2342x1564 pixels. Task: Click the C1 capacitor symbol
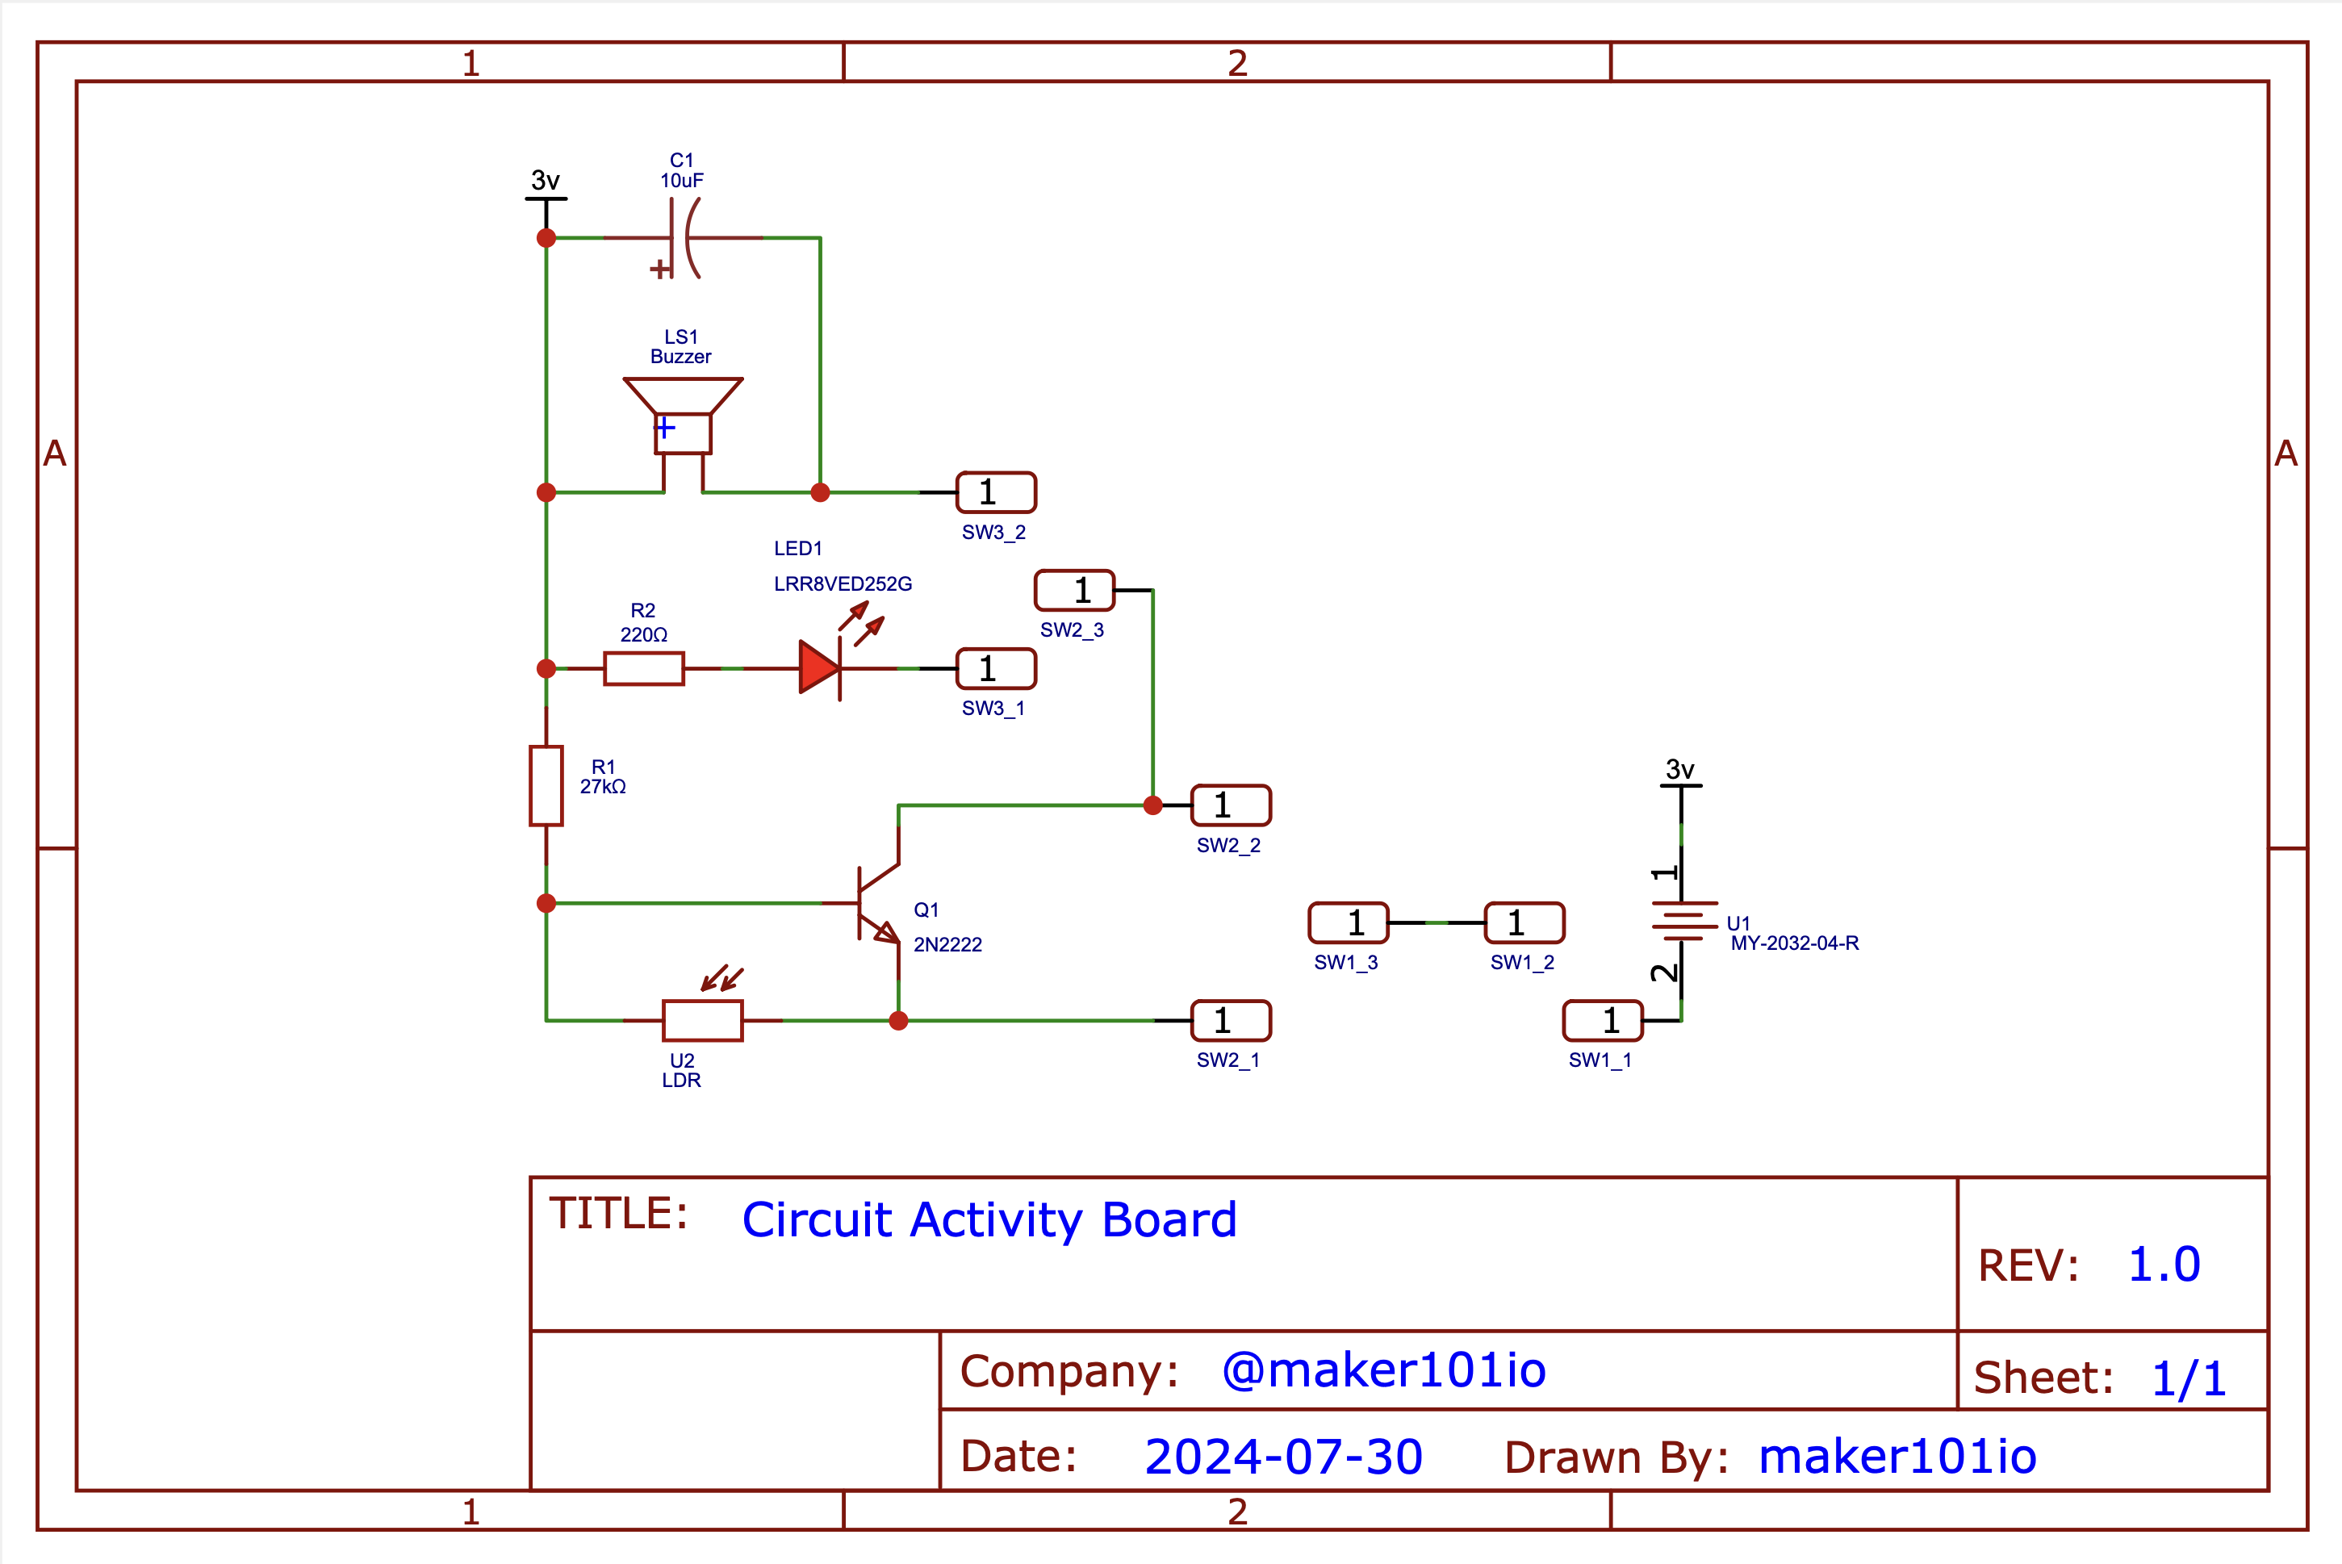coord(684,238)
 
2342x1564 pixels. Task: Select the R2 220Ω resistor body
coord(644,668)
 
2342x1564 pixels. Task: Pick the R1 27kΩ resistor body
coord(546,786)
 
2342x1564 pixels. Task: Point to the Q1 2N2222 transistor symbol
coord(879,903)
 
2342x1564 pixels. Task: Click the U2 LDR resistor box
coord(703,1020)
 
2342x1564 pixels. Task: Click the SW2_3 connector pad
coord(1074,591)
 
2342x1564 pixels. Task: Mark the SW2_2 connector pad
coord(1231,805)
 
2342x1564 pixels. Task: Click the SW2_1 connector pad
coord(1231,1020)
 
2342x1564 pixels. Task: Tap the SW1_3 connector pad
coord(1349,922)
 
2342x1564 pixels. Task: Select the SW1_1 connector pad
coord(1602,1020)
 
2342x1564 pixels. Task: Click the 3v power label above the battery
coord(1679,769)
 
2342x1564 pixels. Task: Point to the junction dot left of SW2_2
coord(1153,805)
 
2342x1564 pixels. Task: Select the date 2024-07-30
coord(1282,1457)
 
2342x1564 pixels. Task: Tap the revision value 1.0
coord(2164,1265)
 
